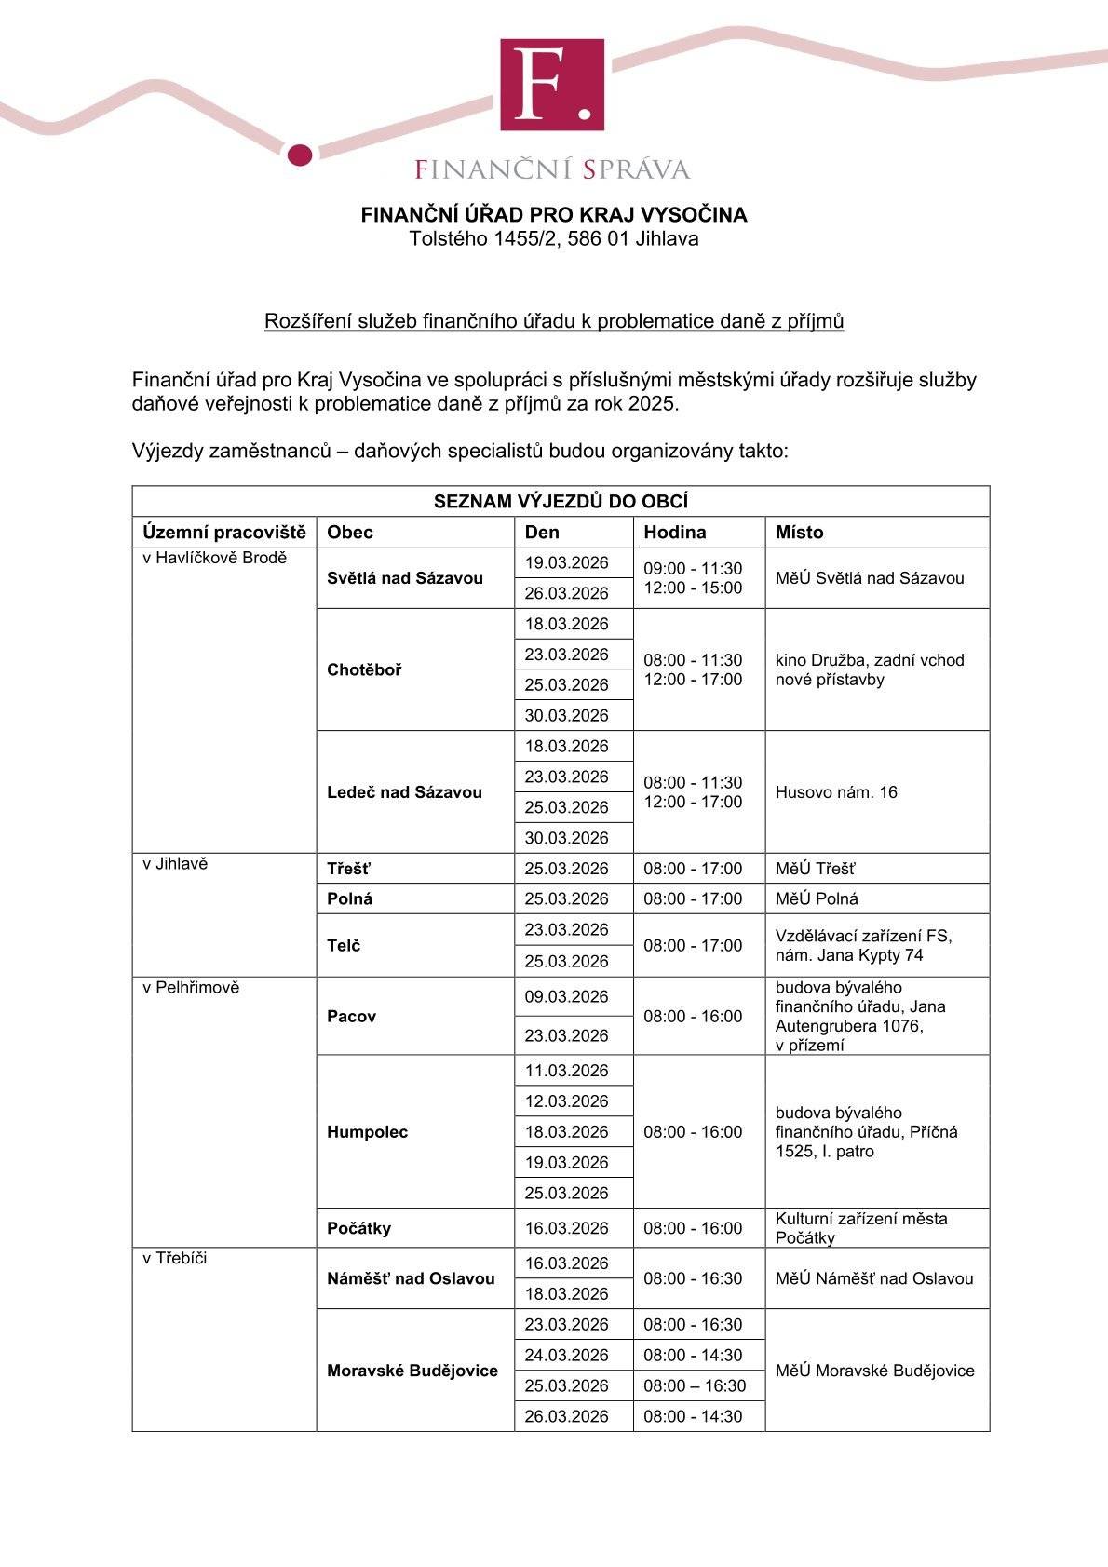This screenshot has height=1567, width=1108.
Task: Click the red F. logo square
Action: (552, 85)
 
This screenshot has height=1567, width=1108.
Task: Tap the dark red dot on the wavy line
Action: (300, 155)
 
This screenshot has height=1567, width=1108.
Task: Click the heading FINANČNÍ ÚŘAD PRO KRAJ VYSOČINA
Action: (554, 215)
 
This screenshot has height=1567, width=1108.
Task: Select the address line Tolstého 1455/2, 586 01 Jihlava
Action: (554, 238)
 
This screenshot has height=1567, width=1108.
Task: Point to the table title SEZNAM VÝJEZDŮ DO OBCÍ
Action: (561, 502)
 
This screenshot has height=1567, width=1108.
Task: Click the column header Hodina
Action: (675, 533)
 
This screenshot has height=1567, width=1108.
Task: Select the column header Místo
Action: (800, 533)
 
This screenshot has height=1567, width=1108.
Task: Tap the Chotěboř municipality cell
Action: (365, 669)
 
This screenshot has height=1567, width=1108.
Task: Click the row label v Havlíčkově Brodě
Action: (215, 559)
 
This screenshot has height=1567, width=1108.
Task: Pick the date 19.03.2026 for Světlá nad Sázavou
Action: (566, 562)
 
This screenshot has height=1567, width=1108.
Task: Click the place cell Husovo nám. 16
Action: (836, 792)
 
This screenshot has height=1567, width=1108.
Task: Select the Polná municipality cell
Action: (350, 898)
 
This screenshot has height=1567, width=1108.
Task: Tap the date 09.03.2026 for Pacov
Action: (566, 996)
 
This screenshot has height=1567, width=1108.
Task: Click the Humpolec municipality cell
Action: (368, 1132)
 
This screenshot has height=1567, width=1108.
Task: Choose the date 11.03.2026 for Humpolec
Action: (566, 1071)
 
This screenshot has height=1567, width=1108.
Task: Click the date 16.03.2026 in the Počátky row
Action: (566, 1228)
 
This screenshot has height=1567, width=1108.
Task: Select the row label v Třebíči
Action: (175, 1259)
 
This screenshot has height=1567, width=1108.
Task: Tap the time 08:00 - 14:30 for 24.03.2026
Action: (693, 1355)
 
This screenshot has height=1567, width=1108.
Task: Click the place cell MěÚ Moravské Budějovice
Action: (875, 1371)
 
